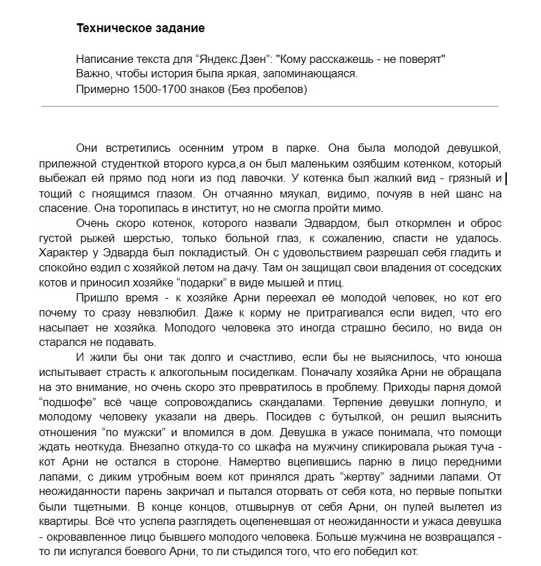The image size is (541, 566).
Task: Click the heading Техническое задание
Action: coord(141,29)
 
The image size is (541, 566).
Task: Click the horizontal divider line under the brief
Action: coord(270,107)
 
